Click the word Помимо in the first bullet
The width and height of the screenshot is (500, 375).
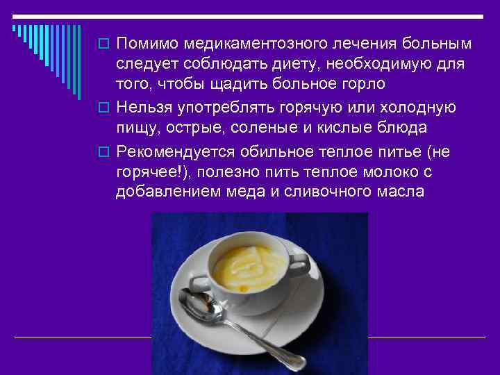[147, 44]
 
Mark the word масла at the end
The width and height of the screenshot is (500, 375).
[401, 192]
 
